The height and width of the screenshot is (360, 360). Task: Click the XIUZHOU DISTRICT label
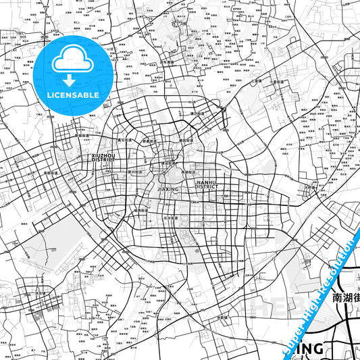103,157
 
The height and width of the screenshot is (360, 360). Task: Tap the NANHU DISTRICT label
206,184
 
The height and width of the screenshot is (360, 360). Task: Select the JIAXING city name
168,190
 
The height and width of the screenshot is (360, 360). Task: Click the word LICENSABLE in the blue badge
74,95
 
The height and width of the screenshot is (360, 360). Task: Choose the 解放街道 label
188,140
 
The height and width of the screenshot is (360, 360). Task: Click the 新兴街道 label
136,173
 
